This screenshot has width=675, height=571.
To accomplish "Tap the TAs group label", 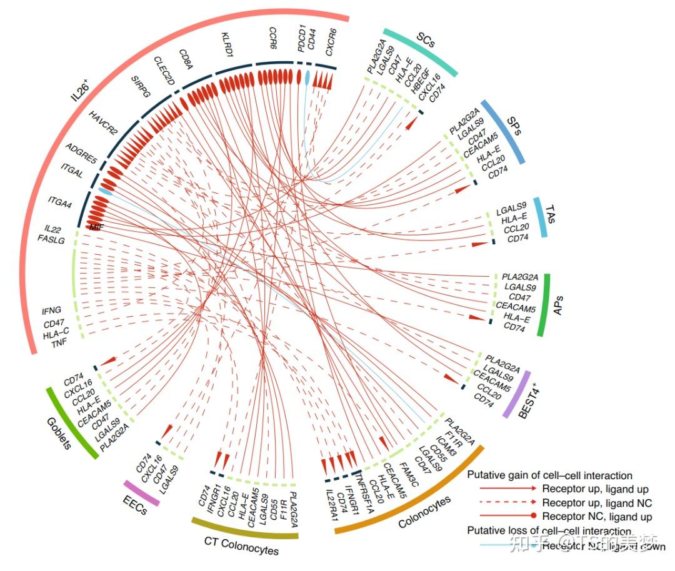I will pos(550,215).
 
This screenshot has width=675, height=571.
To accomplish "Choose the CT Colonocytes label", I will pos(241,547).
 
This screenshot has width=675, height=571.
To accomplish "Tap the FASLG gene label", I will pos(51,239).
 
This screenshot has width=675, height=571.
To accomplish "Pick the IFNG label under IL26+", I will pos(51,309).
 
